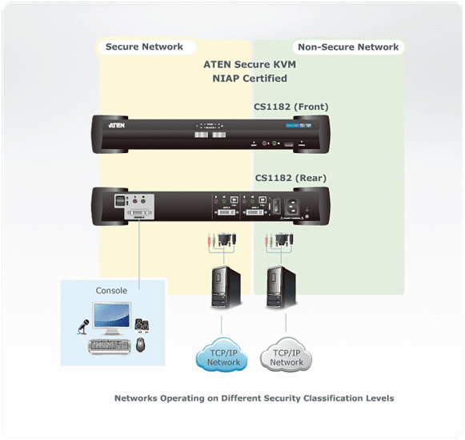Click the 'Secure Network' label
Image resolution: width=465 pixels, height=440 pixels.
pos(144,46)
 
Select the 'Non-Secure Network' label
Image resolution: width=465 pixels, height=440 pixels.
pos(347,46)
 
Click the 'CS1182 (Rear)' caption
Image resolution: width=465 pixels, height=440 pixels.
pos(289,178)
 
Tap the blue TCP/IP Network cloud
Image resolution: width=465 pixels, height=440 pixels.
pos(223,357)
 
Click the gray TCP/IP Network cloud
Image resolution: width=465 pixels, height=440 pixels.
pos(287,357)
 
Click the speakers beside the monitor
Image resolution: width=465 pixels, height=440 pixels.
pos(141,325)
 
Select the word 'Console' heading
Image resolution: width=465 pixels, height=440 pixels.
pos(111,290)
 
